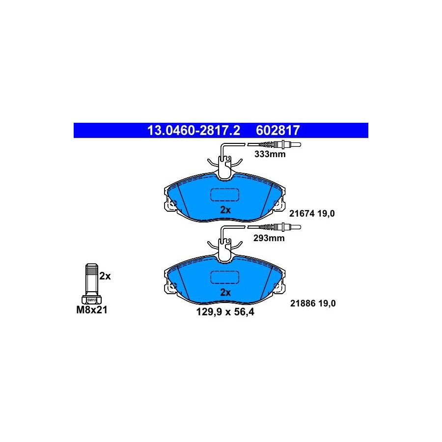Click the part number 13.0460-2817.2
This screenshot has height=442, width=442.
pyautogui.click(x=193, y=131)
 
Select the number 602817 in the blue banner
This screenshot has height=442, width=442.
pyautogui.click(x=277, y=131)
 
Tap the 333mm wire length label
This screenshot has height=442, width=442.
pyautogui.click(x=270, y=154)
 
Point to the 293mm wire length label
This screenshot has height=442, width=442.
pyautogui.click(x=269, y=238)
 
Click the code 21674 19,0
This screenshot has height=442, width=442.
pyautogui.click(x=312, y=214)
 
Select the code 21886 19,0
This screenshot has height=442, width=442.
pyautogui.click(x=313, y=304)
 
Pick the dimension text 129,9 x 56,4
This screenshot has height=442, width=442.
pyautogui.click(x=225, y=312)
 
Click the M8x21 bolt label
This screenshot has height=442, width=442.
pyautogui.click(x=92, y=310)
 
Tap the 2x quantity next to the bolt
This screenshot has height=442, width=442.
pyautogui.click(x=105, y=276)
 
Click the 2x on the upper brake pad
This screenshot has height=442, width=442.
pyautogui.click(x=225, y=210)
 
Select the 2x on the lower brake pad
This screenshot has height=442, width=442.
pyautogui.click(x=225, y=293)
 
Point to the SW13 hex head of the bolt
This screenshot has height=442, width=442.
pyautogui.click(x=92, y=300)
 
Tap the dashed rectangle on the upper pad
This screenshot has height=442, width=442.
pyautogui.click(x=224, y=195)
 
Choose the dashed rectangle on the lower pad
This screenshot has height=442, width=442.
pyautogui.click(x=224, y=277)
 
